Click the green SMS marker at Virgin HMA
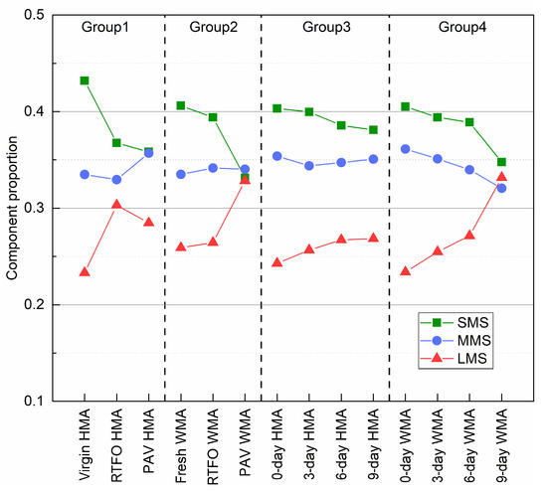[x=85, y=81]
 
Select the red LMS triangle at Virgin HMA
[x=85, y=271]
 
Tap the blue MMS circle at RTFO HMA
[x=116, y=180]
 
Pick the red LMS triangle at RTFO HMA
[x=116, y=204]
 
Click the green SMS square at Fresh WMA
[x=181, y=105]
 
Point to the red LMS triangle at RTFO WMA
[x=213, y=242]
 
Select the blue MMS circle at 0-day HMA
[x=277, y=156]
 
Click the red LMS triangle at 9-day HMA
[x=373, y=238]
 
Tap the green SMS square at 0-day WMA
[x=406, y=106]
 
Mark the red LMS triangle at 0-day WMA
[x=406, y=270]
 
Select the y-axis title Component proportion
[x=13, y=208]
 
